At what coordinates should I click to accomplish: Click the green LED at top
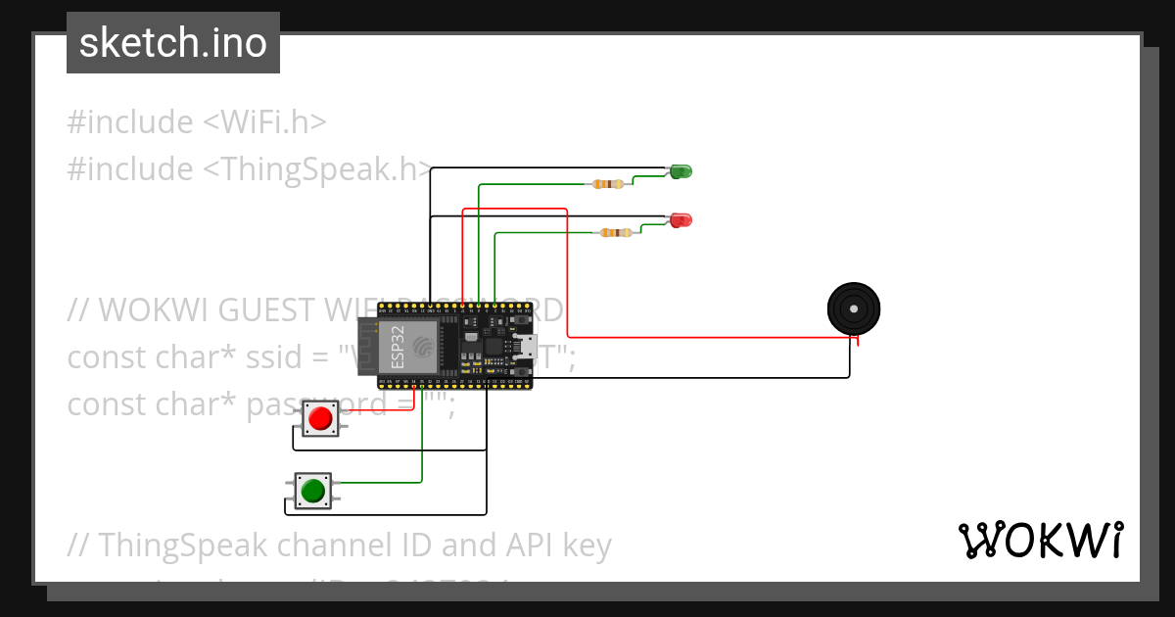(681, 171)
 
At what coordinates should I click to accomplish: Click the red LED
(681, 219)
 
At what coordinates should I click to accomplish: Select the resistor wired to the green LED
(608, 183)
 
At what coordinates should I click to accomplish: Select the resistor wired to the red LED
(615, 232)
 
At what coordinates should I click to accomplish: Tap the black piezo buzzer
(854, 308)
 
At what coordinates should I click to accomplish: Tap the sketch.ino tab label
(173, 43)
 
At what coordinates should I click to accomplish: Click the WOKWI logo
(1040, 541)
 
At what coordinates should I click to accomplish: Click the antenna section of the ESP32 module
(367, 347)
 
